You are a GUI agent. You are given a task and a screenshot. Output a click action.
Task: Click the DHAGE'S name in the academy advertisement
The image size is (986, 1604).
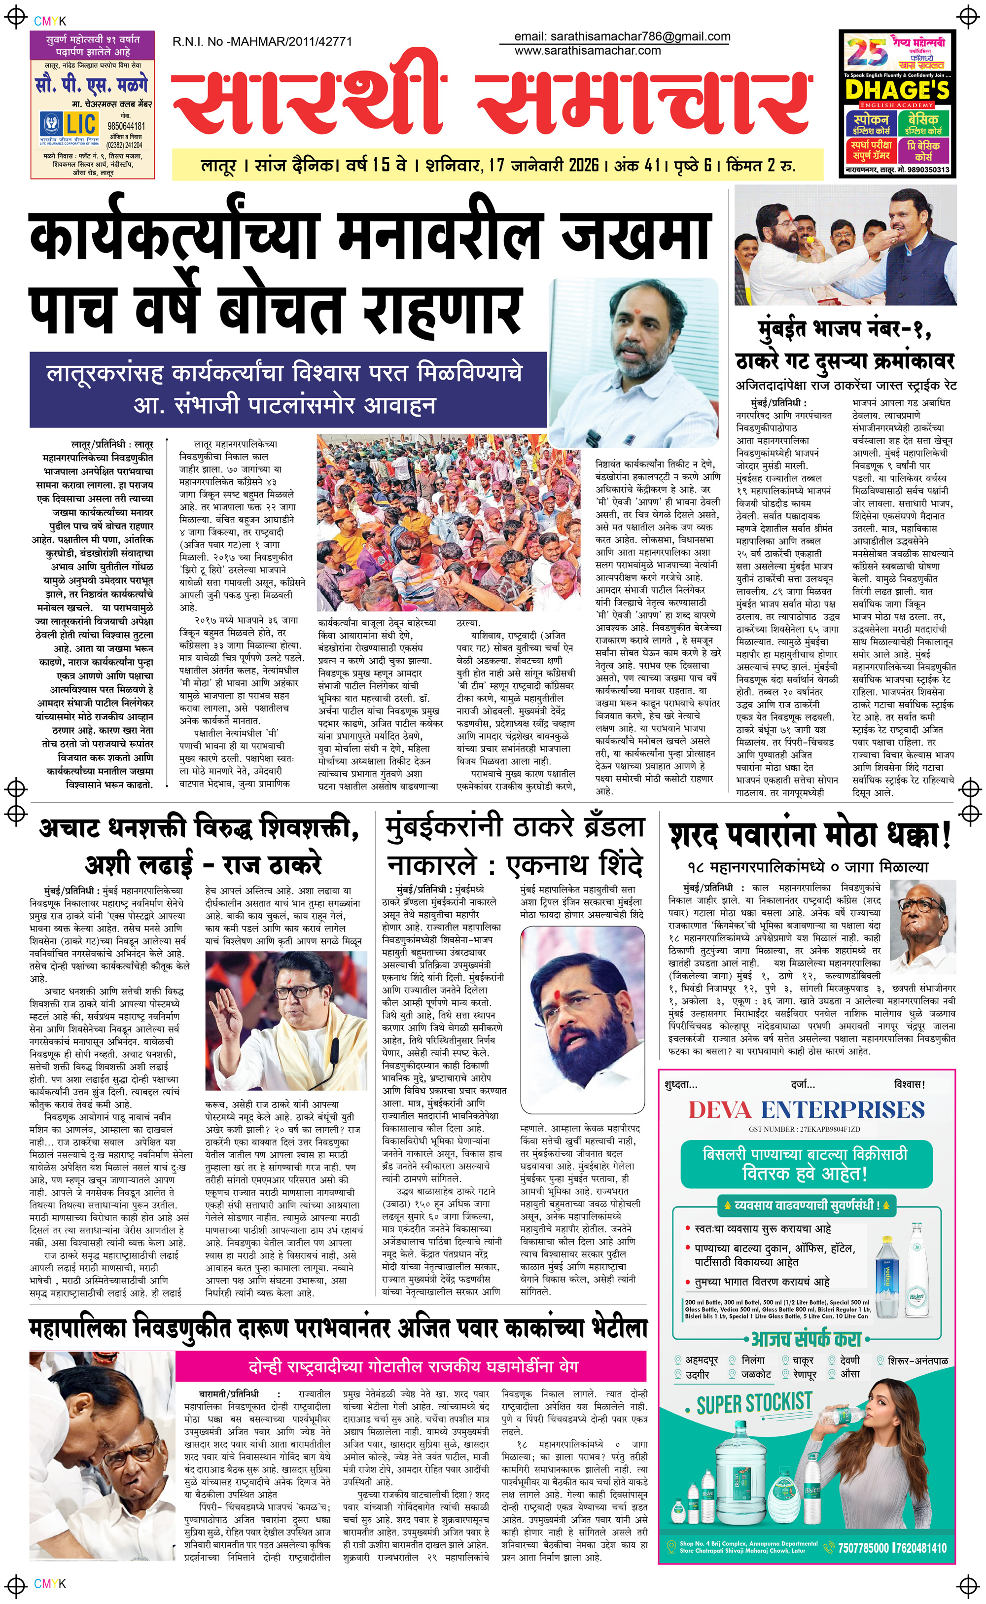(897, 90)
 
